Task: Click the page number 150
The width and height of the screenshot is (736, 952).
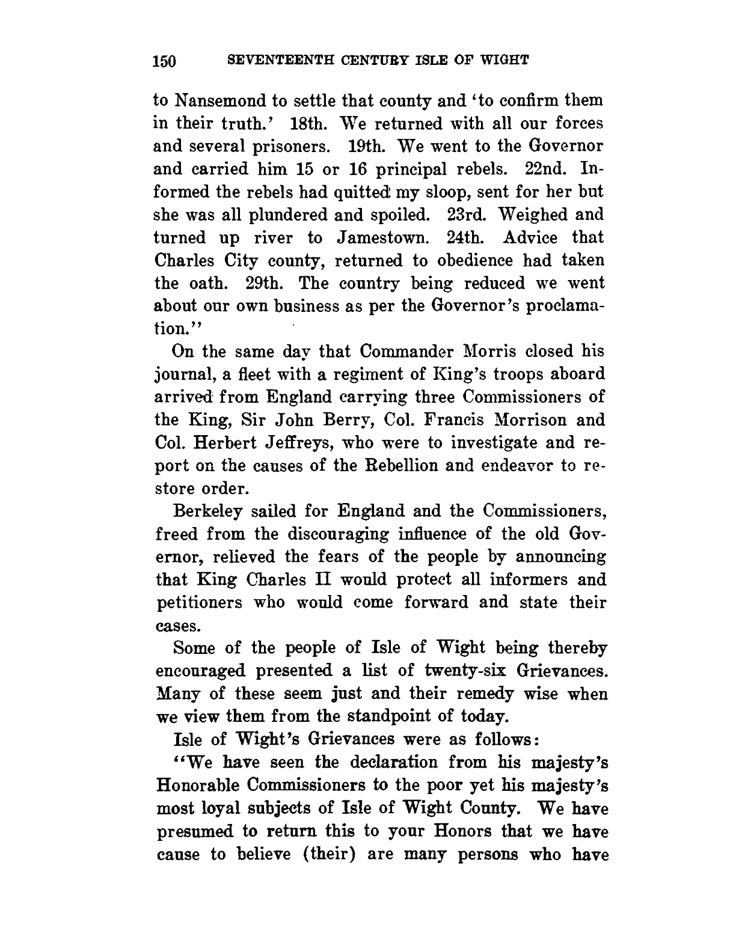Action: [x=164, y=61]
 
